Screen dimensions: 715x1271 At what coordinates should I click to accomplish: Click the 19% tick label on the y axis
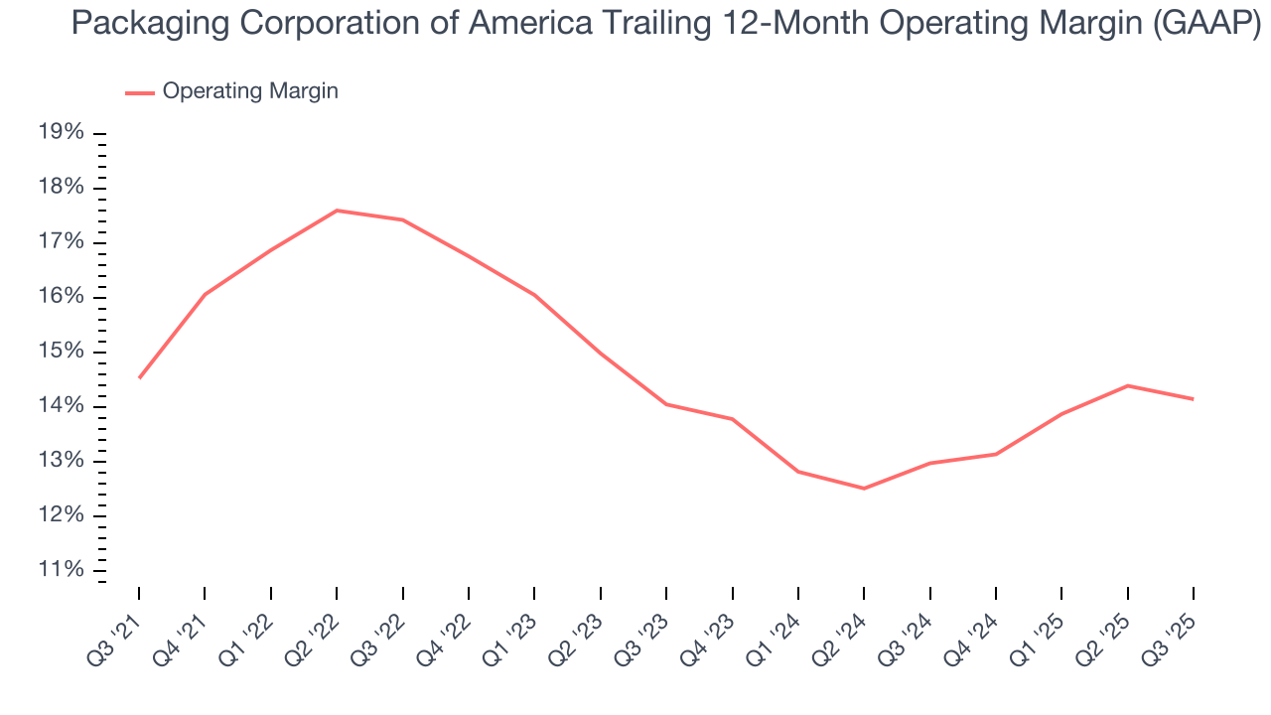61,134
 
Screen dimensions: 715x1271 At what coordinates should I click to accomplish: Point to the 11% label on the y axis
61,570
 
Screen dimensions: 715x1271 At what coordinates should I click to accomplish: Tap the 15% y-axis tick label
61,353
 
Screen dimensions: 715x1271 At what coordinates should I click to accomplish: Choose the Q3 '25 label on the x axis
1173,626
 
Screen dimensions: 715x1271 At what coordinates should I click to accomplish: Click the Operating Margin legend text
250,91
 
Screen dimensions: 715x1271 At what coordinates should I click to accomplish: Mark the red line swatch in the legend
140,92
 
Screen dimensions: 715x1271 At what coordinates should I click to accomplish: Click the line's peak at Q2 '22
337,211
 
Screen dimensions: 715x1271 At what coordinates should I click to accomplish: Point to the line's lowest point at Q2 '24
864,489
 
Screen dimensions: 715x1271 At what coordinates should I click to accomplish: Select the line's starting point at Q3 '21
139,378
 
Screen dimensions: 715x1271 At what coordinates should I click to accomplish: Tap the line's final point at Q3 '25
1193,399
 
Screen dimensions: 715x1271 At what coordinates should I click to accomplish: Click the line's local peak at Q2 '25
1127,385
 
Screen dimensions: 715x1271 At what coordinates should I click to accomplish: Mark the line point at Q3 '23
666,404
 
